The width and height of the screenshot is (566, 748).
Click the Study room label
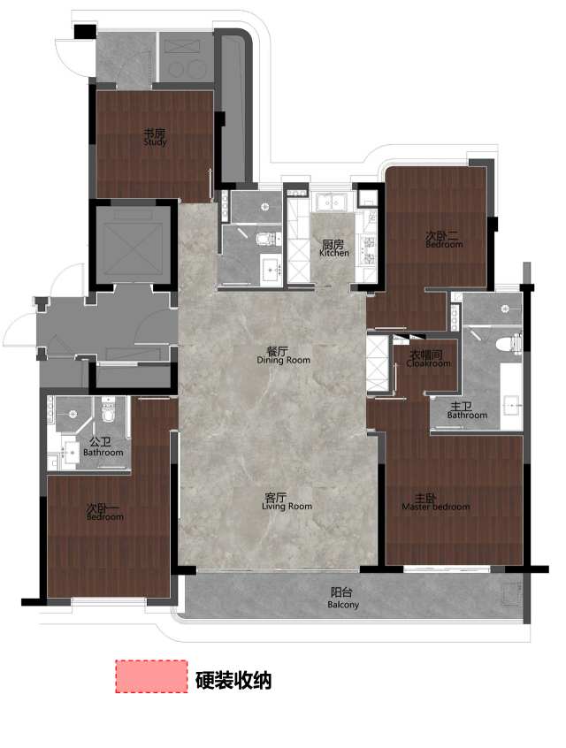coord(155,137)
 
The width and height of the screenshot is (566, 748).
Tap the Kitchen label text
coord(333,248)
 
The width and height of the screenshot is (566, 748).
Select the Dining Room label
coord(284,355)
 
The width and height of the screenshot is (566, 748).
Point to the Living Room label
coord(287,502)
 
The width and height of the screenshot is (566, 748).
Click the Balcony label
coord(342,599)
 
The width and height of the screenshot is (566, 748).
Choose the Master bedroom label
coord(436,502)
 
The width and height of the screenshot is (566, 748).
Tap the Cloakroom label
coord(428,359)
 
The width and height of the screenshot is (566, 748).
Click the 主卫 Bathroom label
coord(467,411)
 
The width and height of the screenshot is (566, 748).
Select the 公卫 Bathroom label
coord(103,447)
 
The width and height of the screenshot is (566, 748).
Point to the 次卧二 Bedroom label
coord(444,240)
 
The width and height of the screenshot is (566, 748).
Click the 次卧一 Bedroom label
coord(105,512)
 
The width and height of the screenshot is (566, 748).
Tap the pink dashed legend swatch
coord(151,676)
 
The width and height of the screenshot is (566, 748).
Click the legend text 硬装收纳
coord(233,680)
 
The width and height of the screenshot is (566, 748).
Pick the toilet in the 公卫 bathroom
coord(108,411)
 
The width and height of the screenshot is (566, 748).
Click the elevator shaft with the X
coord(133,245)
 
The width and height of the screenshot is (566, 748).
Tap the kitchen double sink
coord(333,202)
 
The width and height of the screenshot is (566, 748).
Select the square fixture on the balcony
coord(514,594)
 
